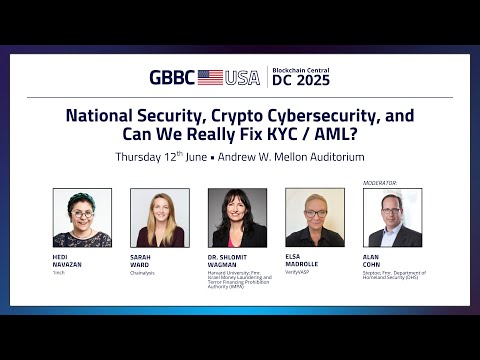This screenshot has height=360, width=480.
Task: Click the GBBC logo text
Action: click(x=171, y=77)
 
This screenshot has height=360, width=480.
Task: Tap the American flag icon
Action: click(x=210, y=77)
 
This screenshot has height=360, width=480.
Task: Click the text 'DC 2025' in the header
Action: click(x=301, y=81)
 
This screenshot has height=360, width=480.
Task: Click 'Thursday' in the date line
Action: click(x=143, y=157)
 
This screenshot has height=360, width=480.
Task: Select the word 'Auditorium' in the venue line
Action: click(x=337, y=157)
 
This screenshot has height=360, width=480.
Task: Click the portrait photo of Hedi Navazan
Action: click(x=82, y=217)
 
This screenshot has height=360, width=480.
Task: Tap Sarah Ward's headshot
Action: click(x=160, y=217)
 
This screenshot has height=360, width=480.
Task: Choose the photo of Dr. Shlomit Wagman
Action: click(x=237, y=217)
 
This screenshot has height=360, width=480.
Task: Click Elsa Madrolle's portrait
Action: click(x=315, y=217)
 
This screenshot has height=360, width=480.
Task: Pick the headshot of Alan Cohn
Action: click(x=393, y=217)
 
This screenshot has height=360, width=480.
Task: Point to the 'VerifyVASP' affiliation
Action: click(x=300, y=272)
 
